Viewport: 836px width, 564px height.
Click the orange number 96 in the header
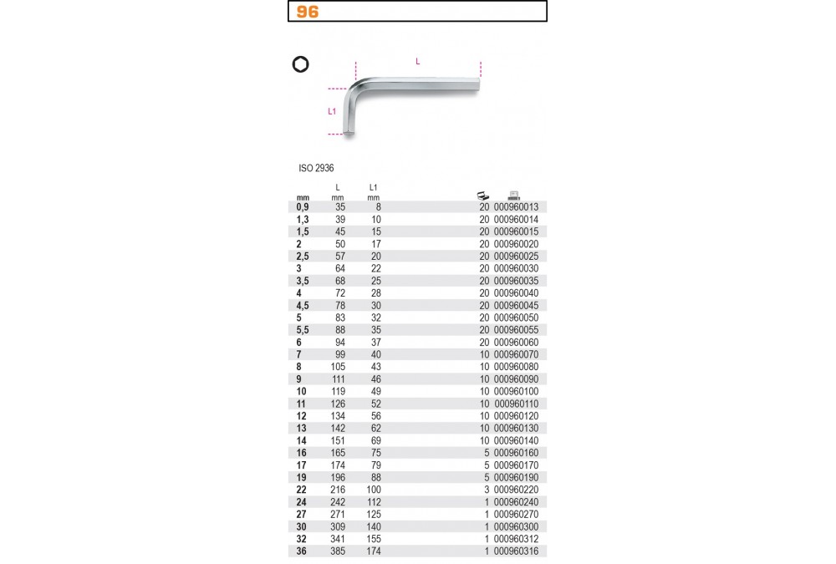point(308,12)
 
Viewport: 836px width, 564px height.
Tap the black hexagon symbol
point(301,64)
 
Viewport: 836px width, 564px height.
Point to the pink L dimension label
point(417,61)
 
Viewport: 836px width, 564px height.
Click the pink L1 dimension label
point(332,111)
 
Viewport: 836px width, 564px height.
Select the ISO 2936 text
point(316,168)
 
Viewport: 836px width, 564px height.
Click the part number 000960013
point(516,207)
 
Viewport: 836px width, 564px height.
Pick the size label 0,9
point(303,207)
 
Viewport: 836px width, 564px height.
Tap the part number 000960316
point(516,551)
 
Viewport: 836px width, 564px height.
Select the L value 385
point(338,551)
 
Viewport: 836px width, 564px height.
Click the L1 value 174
point(374,551)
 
